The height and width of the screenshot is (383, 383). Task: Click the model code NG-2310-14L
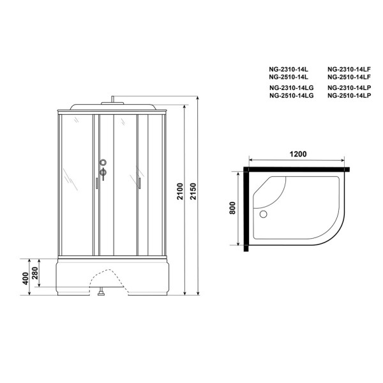tap(289, 68)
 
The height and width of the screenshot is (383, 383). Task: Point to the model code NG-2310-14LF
tap(349, 68)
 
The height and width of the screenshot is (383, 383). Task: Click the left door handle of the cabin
tap(96, 183)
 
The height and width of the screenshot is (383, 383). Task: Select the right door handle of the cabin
tap(137, 183)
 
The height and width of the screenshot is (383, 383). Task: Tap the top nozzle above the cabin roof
tap(114, 98)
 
